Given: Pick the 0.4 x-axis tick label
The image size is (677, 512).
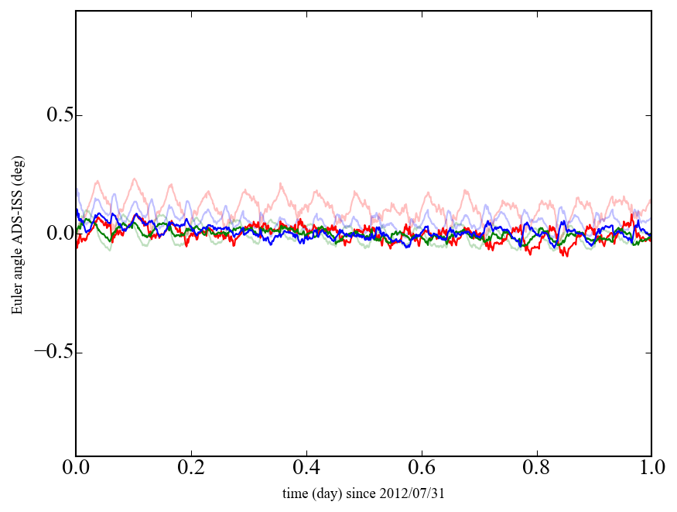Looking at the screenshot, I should (306, 469).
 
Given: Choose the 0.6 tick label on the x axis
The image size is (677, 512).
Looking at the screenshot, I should (422, 469).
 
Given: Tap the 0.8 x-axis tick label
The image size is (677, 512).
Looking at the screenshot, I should (536, 469).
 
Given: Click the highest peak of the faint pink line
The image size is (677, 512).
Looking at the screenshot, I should (135, 179).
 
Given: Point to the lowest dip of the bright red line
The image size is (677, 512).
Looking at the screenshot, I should (566, 256).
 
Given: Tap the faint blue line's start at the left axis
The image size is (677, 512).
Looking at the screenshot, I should (77, 188).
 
